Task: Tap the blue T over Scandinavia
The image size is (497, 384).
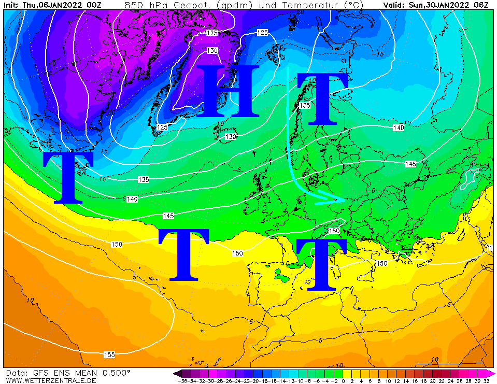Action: pos(321,98)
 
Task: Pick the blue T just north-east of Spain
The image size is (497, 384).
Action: pos(321,264)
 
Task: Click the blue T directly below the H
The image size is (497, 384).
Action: pos(184,254)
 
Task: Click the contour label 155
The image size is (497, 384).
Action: pos(109,355)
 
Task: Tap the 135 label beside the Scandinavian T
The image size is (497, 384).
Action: pos(305,105)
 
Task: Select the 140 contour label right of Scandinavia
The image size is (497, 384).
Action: pos(399,127)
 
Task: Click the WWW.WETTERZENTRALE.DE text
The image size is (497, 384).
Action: pos(51,380)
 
